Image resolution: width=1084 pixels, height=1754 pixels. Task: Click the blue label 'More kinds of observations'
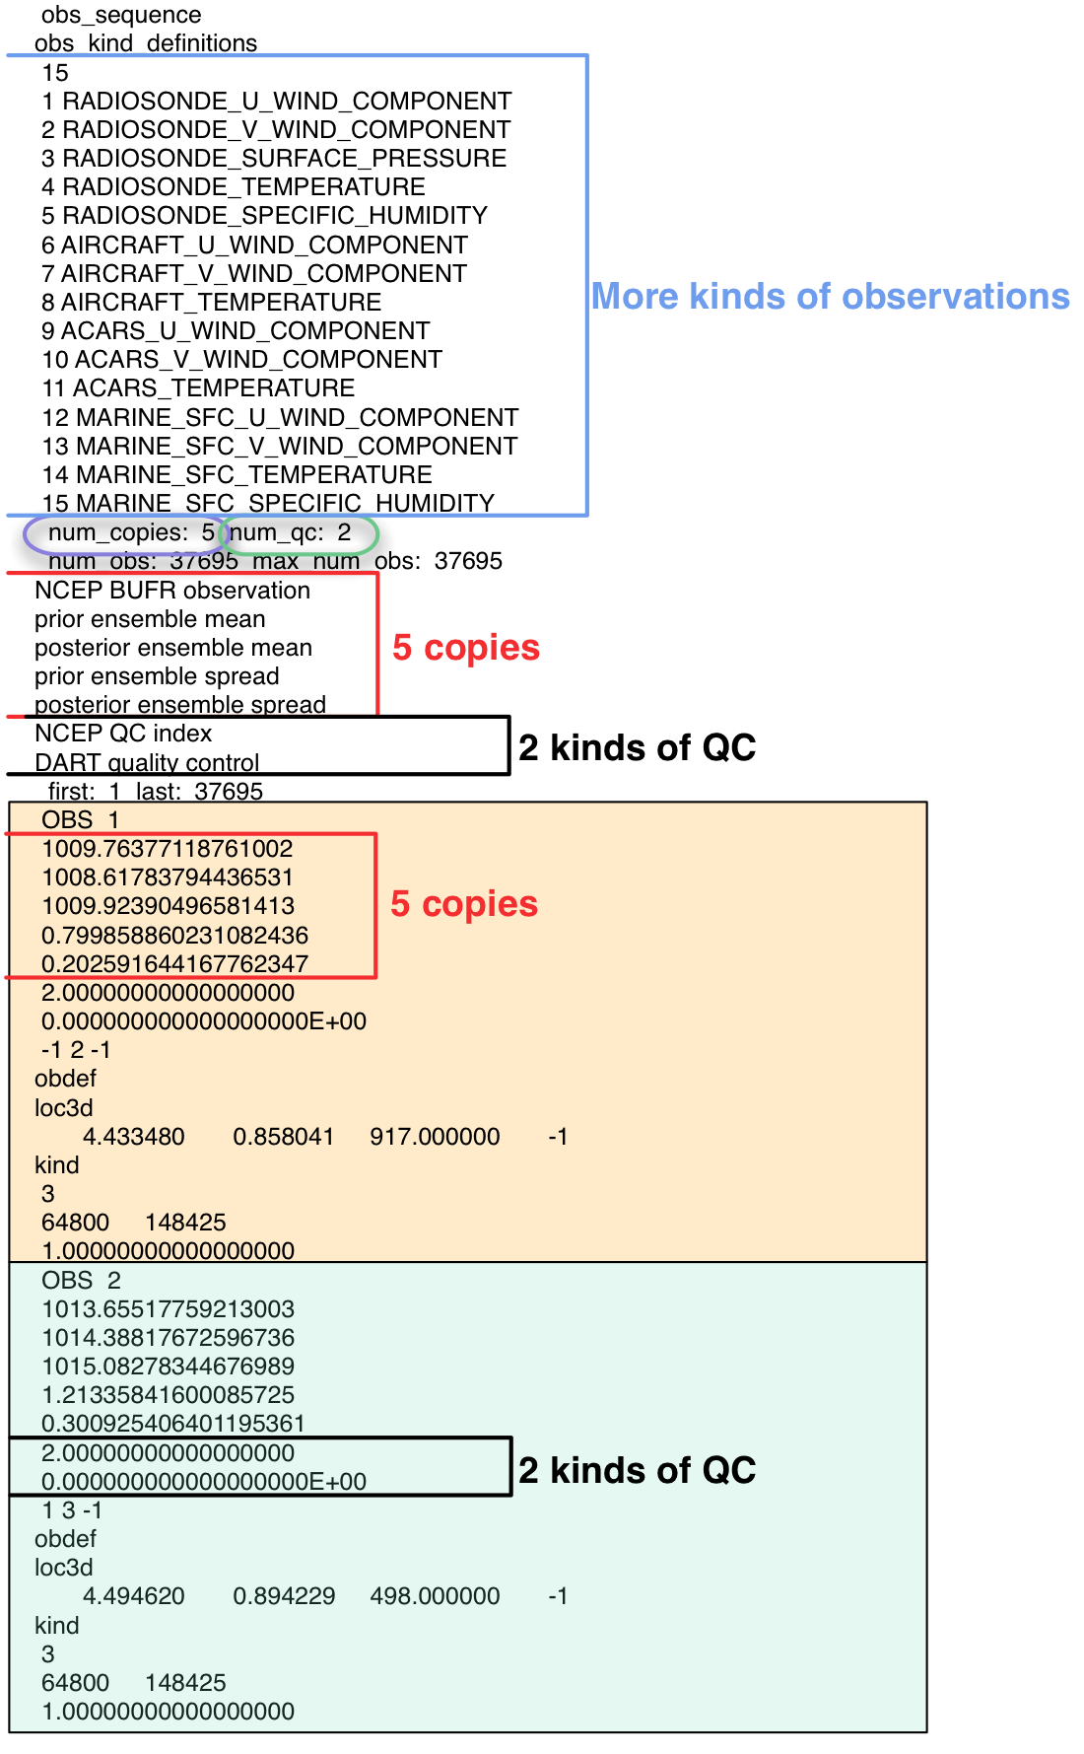coord(830,297)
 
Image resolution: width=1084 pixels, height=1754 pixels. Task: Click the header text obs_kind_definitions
coord(146,44)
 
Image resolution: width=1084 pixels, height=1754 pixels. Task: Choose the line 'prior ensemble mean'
coord(150,619)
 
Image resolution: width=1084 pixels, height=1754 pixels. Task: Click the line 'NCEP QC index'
coord(123,734)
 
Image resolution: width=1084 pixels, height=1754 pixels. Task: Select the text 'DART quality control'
coord(147,763)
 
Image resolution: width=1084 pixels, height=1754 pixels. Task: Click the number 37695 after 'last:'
coord(229,792)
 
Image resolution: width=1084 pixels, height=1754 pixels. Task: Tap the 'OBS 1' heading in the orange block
coord(80,820)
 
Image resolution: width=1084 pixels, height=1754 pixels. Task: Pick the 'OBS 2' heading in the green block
coord(81,1281)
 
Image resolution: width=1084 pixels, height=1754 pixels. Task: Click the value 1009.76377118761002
coord(168,849)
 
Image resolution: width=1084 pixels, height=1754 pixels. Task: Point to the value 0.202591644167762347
coord(174,964)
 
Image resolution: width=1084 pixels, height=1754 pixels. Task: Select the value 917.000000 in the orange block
coord(435,1137)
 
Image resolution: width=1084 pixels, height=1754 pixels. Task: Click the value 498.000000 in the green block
coord(435,1596)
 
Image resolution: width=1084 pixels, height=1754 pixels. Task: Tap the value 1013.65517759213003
coord(168,1309)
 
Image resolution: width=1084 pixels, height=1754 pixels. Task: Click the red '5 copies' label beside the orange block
coord(464,904)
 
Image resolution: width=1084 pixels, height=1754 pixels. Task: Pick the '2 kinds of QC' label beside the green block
coord(637,1470)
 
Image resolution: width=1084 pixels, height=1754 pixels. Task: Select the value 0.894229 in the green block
coord(284,1596)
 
